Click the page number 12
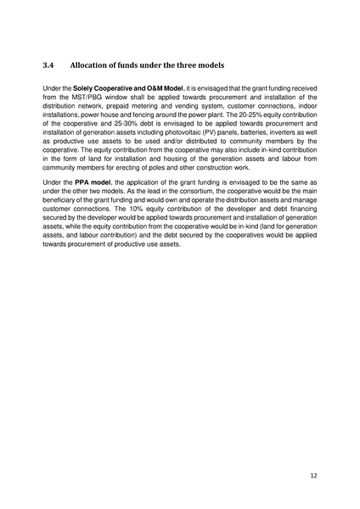(x=313, y=477)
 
